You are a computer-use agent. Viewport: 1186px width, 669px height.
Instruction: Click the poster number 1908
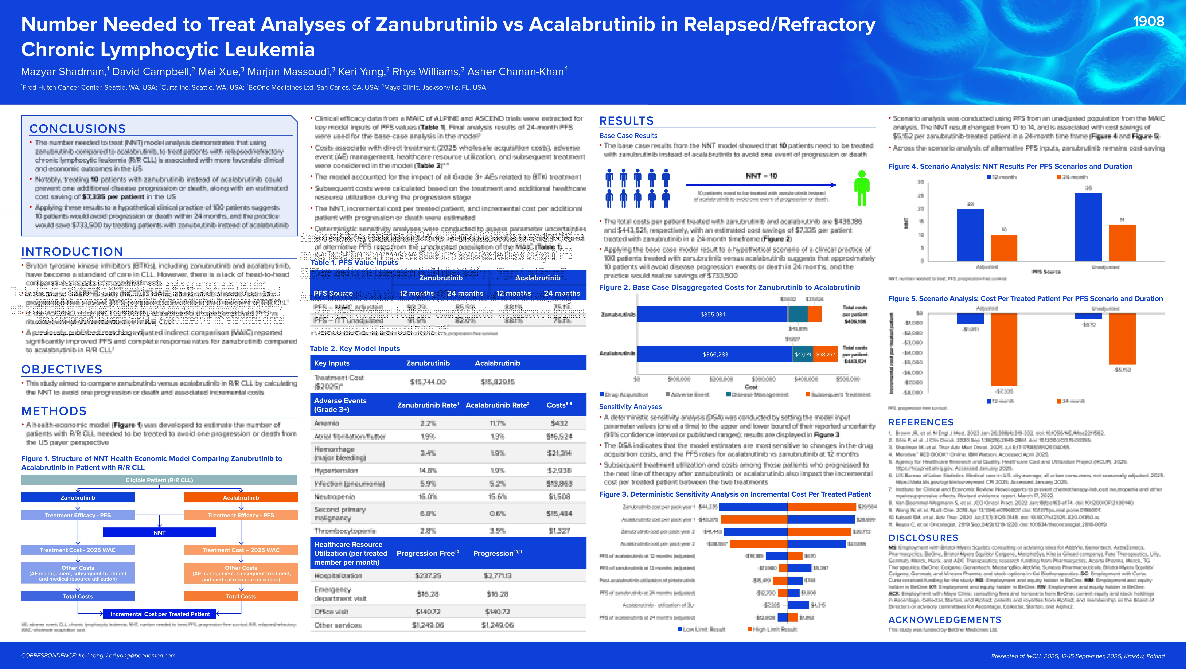click(1148, 21)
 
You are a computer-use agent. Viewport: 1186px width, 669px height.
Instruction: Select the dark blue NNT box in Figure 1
click(159, 532)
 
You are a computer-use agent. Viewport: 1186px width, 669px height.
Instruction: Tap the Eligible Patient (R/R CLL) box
click(159, 480)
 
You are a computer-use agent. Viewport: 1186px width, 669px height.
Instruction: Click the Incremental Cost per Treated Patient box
click(160, 614)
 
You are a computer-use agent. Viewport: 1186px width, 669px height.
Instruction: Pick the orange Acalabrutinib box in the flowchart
click(241, 497)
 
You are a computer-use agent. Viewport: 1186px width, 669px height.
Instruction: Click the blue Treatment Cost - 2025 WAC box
click(78, 550)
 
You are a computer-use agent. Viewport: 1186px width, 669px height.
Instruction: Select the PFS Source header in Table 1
click(333, 293)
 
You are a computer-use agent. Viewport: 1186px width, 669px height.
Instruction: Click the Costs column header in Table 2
click(559, 405)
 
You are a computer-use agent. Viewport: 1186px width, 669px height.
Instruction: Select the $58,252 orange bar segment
click(825, 354)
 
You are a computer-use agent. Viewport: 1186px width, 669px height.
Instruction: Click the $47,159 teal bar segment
click(803, 354)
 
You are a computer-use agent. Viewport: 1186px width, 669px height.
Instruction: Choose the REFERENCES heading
click(921, 422)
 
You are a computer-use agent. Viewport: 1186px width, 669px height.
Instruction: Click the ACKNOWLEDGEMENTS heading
click(945, 620)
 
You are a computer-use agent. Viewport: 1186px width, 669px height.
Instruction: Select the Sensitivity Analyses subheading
click(630, 407)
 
